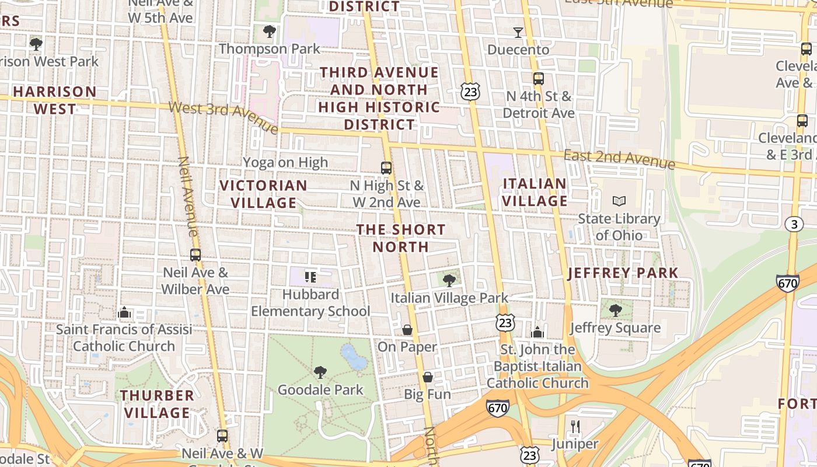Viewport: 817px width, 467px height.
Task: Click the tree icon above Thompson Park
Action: [269, 31]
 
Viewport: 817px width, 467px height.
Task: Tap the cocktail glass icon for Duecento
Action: [518, 32]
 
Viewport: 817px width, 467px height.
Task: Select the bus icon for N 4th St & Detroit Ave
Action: [539, 79]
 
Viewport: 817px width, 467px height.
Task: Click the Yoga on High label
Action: [285, 162]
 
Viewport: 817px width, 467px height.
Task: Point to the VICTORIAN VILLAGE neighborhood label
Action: [263, 194]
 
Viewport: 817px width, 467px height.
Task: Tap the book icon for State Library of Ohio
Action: [619, 201]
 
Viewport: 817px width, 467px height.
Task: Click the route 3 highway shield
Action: [793, 224]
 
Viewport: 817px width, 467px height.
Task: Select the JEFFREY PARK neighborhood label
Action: [623, 273]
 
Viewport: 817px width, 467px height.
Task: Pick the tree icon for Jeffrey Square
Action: [615, 310]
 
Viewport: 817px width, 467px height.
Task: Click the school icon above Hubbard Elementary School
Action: [310, 277]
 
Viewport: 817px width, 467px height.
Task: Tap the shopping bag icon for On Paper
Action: [407, 330]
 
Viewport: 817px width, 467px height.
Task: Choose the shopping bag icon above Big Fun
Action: [428, 377]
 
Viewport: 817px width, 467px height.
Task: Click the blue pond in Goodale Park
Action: [354, 357]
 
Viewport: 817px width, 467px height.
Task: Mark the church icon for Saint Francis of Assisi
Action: [124, 313]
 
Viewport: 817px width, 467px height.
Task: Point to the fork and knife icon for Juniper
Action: [575, 427]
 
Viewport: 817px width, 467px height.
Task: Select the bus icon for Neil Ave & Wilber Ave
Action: [195, 255]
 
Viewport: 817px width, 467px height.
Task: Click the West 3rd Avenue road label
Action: [224, 116]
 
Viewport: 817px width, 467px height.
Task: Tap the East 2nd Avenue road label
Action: [619, 158]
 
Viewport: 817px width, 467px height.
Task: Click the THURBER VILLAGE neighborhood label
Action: [157, 404]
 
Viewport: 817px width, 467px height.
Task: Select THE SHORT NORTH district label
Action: [401, 238]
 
